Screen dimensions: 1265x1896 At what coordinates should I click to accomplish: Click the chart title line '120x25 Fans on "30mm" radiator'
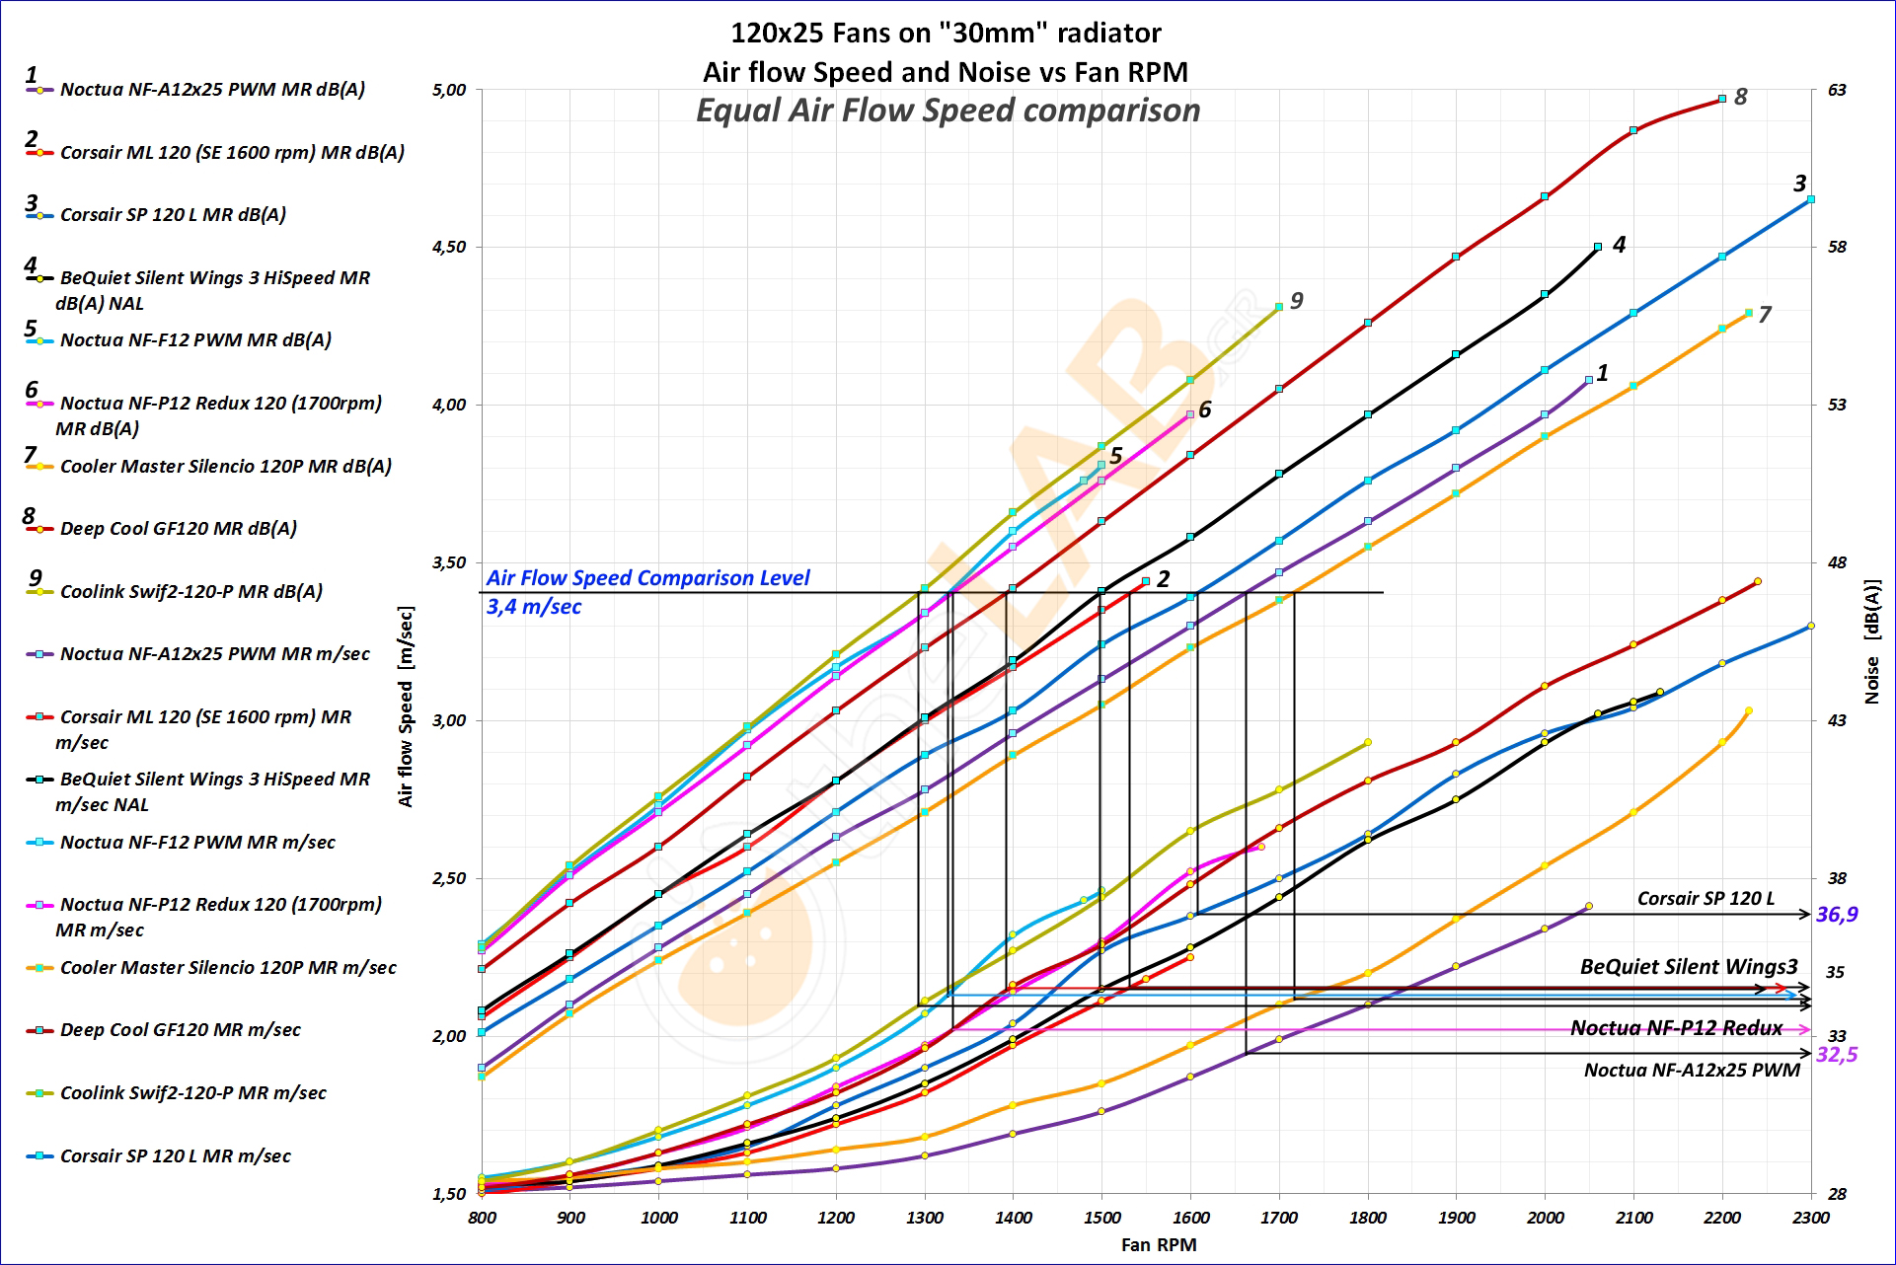point(946,34)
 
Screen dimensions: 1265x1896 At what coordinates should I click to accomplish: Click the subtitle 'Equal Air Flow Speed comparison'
point(948,111)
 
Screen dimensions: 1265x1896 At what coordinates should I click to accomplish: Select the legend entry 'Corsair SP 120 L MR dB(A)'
point(173,215)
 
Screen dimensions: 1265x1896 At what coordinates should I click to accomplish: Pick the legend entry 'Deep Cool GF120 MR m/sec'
point(180,1030)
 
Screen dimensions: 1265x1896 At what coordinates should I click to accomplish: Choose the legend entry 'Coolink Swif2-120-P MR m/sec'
point(192,1093)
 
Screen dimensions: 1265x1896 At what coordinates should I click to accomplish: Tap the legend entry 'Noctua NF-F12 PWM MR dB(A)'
point(195,340)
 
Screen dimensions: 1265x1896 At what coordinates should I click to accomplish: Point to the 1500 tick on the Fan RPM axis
point(1101,1219)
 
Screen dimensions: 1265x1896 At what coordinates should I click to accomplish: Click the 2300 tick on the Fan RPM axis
point(1810,1219)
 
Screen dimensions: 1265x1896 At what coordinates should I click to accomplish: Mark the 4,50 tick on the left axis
point(449,248)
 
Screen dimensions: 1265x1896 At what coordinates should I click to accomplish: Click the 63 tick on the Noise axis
point(1837,91)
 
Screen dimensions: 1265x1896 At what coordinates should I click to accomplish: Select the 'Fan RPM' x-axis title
point(1159,1245)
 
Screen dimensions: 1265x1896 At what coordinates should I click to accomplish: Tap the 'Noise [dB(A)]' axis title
point(1871,641)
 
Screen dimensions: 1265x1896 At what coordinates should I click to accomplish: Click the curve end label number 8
point(1740,97)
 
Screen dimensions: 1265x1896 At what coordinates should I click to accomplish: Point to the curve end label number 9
point(1296,301)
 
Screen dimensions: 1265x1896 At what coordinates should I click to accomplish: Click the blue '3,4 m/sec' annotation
point(533,607)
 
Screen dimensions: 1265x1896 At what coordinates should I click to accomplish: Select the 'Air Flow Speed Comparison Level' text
point(647,578)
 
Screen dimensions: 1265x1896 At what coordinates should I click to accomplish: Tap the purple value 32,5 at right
point(1837,1055)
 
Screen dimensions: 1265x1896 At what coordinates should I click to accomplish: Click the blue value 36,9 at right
point(1837,915)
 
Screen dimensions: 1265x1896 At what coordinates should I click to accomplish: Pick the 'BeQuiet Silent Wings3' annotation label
point(1689,967)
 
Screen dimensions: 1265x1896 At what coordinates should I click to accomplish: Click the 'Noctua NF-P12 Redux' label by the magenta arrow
point(1676,1028)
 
